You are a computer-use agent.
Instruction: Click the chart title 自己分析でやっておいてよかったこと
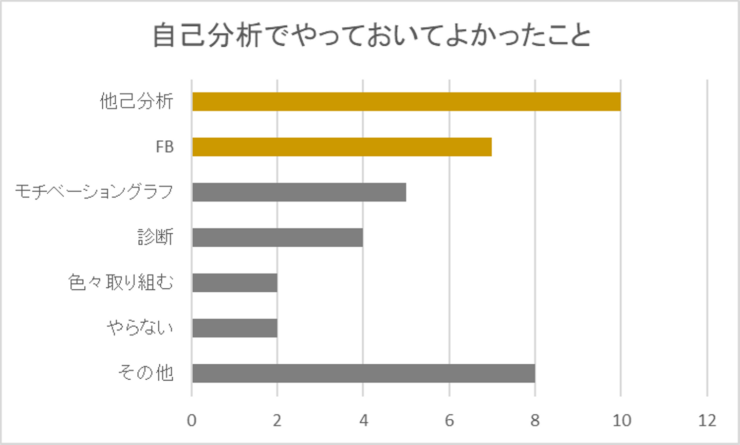371,36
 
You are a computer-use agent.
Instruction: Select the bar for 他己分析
406,102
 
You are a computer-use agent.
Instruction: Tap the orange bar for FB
342,147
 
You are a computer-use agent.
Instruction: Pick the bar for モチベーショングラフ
299,192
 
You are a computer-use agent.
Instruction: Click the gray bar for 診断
277,237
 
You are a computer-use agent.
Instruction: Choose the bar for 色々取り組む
235,283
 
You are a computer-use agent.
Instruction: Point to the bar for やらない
235,328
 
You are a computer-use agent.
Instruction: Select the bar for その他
363,373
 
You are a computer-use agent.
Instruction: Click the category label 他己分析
137,102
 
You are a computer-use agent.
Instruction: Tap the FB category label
164,147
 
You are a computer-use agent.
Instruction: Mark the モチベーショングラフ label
94,192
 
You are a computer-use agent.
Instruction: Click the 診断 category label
155,237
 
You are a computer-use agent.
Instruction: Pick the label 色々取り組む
121,283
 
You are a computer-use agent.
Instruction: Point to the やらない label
140,328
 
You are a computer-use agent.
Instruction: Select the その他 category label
145,373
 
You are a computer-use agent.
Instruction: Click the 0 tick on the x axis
192,421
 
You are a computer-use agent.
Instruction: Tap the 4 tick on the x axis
363,421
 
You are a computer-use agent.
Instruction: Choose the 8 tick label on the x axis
535,421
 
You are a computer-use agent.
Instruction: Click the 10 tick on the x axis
621,421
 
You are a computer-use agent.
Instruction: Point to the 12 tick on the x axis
707,421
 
